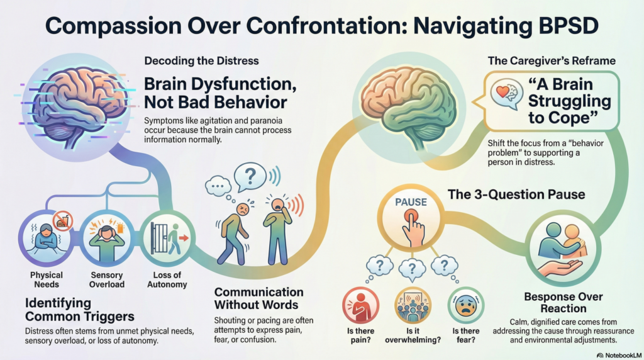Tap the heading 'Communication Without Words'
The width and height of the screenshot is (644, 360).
tap(258, 298)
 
